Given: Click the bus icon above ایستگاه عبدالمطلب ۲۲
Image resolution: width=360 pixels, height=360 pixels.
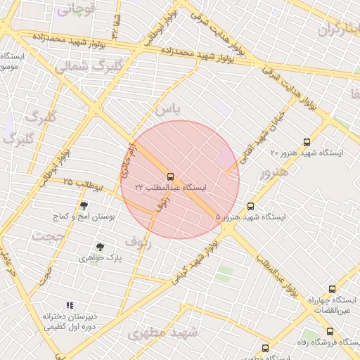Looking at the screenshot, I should coord(171,176).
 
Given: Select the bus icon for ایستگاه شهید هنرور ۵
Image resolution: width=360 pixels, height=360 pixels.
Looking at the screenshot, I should coord(250,206).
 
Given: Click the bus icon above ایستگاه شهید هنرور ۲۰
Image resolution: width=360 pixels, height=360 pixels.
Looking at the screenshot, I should coord(307,142).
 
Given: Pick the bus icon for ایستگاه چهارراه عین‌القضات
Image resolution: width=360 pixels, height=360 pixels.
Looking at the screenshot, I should coord(333,289).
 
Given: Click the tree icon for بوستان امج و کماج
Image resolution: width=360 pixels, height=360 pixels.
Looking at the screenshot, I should coord(84,206).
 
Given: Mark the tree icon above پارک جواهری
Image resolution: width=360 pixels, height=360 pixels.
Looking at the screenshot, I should coord(100,247).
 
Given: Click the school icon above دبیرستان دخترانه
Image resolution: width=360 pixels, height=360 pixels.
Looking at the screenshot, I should coord(70,305).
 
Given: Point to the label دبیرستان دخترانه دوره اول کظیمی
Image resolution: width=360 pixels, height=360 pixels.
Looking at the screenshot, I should coord(69,321).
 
